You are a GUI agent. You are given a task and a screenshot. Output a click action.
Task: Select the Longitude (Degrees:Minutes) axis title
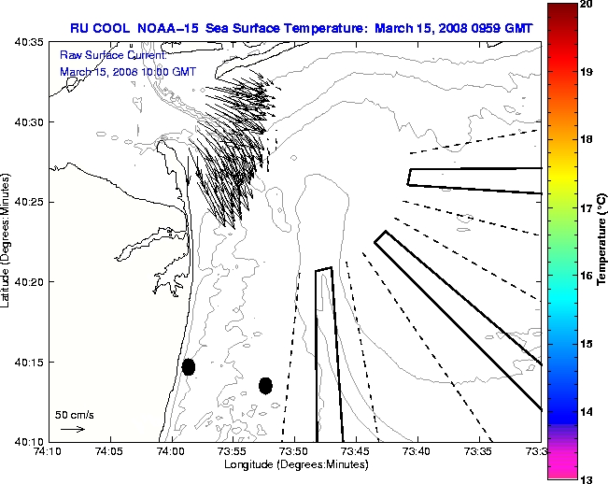[292, 464]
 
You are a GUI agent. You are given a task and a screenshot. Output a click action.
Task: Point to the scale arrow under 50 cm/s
[73, 429]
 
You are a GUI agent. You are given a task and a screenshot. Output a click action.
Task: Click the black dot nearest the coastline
[189, 366]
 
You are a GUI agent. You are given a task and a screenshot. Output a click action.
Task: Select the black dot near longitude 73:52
[265, 385]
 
